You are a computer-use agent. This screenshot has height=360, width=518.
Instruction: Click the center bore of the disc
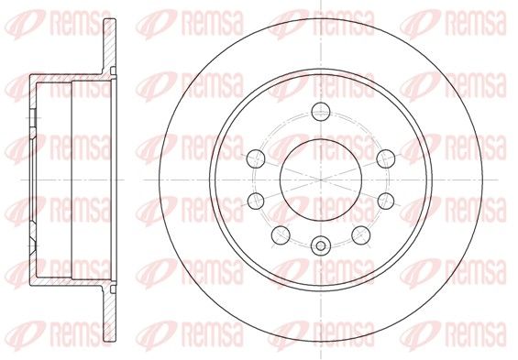tap(321, 180)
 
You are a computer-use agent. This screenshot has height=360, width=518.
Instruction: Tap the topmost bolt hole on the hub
tap(321, 112)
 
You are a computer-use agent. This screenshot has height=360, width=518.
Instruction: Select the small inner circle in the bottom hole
tap(321, 245)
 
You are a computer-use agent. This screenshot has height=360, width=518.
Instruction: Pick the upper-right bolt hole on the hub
tap(386, 158)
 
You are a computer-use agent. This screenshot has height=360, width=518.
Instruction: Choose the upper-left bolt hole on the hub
tap(256, 158)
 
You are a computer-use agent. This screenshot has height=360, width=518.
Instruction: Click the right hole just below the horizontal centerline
tap(386, 201)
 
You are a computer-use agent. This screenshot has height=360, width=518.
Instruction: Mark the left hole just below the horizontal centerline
tap(256, 201)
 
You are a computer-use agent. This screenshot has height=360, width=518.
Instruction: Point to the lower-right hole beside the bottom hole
tap(360, 235)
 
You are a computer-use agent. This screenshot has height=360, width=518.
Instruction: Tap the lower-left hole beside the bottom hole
tap(281, 235)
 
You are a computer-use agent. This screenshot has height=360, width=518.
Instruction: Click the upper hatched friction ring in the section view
tap(110, 46)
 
